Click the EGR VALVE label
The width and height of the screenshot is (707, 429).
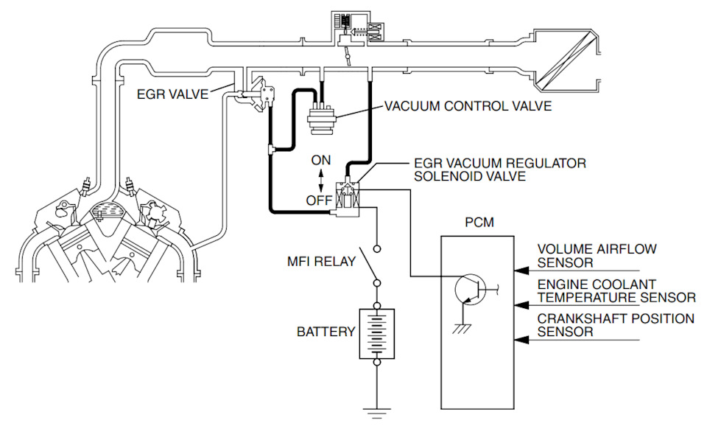(x=172, y=94)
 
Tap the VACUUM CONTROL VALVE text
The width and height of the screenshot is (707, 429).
(x=468, y=106)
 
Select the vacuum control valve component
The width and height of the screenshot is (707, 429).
(x=321, y=119)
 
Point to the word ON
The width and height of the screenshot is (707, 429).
(x=321, y=160)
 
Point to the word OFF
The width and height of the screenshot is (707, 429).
(x=319, y=200)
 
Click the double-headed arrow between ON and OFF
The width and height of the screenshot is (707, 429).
(x=321, y=181)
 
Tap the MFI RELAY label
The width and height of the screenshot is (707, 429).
(x=322, y=261)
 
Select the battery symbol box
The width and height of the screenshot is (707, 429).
(x=377, y=334)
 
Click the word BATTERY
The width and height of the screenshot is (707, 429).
(x=326, y=332)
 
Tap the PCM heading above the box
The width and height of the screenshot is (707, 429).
(x=479, y=223)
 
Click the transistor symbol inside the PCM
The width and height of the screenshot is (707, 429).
(x=471, y=289)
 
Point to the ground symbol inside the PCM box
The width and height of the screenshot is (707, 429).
(x=462, y=328)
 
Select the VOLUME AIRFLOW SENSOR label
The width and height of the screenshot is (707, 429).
(x=597, y=256)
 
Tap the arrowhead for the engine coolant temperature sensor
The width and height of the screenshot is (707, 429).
(x=521, y=305)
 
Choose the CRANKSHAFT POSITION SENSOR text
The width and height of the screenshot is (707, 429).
(x=616, y=325)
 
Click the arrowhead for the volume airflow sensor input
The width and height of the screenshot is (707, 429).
(x=521, y=271)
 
